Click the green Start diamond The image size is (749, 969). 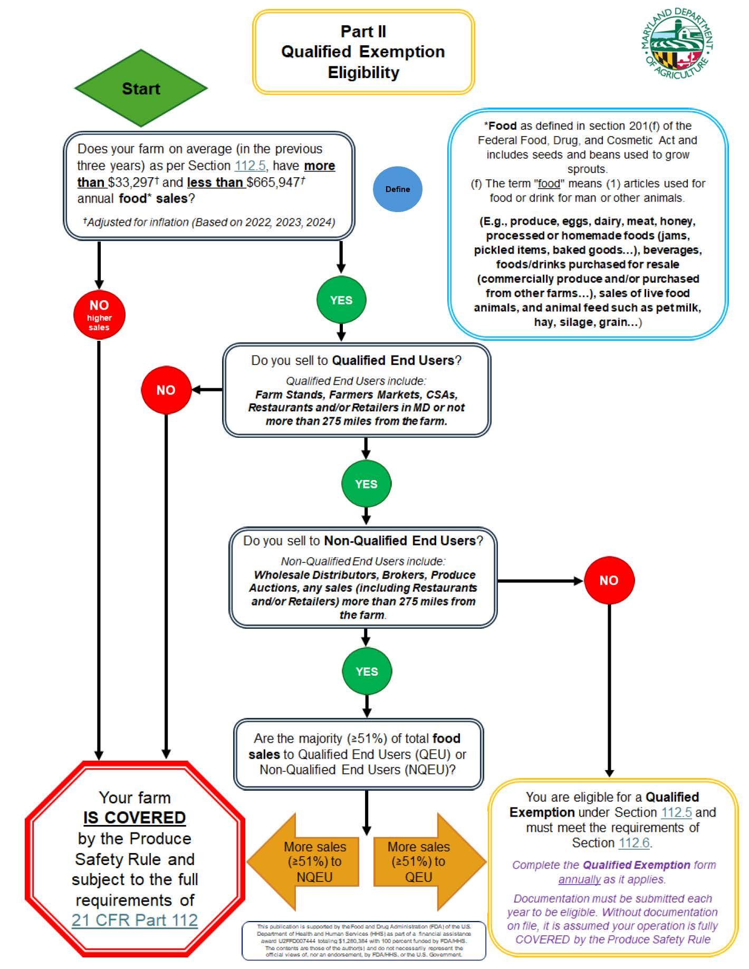pyautogui.click(x=141, y=88)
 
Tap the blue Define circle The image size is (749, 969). pyautogui.click(x=397, y=189)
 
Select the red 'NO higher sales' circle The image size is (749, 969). pyautogui.click(x=99, y=315)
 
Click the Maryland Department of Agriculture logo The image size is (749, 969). pyautogui.click(x=677, y=44)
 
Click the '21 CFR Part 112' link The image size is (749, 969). pyautogui.click(x=135, y=920)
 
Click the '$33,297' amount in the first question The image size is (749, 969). pyautogui.click(x=131, y=183)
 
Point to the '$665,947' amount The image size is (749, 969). pyautogui.click(x=273, y=183)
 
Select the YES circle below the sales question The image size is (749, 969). pyautogui.click(x=341, y=300)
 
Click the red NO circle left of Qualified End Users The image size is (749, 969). pyautogui.click(x=166, y=390)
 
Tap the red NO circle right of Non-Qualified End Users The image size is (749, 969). pyautogui.click(x=609, y=580)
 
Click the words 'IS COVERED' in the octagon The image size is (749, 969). pyautogui.click(x=135, y=818)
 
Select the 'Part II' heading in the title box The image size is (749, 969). pyautogui.click(x=363, y=32)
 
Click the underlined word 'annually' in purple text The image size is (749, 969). pyautogui.click(x=580, y=879)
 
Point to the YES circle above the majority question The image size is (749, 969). pyautogui.click(x=367, y=671)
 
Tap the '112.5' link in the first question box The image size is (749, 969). pyautogui.click(x=249, y=166)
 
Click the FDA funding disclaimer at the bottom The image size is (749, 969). pyautogui.click(x=363, y=941)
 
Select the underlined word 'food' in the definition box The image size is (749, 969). pyautogui.click(x=549, y=184)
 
